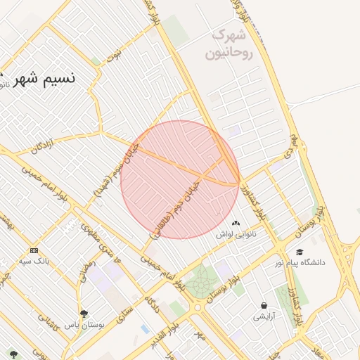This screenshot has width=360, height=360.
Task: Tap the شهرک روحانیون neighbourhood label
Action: pyautogui.click(x=229, y=44)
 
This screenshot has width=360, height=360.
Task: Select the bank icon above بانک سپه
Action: pyautogui.click(x=33, y=250)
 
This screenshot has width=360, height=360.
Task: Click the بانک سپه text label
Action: pyautogui.click(x=33, y=262)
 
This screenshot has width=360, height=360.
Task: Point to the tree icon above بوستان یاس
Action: pyautogui.click(x=84, y=314)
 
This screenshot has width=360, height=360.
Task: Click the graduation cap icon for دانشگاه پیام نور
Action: pyautogui.click(x=300, y=252)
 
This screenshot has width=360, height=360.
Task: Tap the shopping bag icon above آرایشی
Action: pyautogui.click(x=264, y=305)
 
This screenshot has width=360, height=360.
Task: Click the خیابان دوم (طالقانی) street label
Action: pyautogui.click(x=175, y=206)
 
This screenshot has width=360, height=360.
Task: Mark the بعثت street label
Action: pyautogui.click(x=114, y=53)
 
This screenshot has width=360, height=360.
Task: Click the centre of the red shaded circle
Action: pyautogui.click(x=180, y=179)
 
